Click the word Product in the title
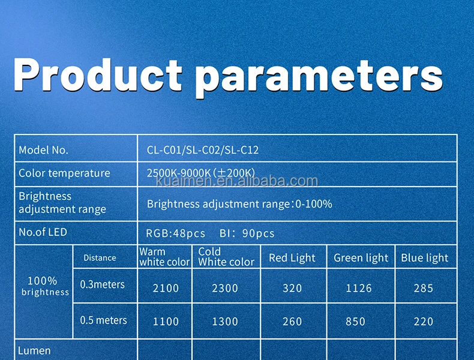pyautogui.click(x=98, y=74)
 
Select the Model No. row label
pyautogui.click(x=44, y=150)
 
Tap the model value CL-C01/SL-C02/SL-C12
pyautogui.click(x=203, y=150)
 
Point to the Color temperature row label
pyautogui.click(x=64, y=173)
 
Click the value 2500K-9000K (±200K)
pyautogui.click(x=201, y=173)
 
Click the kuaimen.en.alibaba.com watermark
pyautogui.click(x=237, y=181)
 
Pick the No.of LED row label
pyautogui.click(x=43, y=232)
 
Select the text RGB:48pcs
pyautogui.click(x=175, y=233)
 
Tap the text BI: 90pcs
pyautogui.click(x=247, y=233)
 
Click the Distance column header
pyautogui.click(x=100, y=258)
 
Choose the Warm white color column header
pyautogui.click(x=164, y=257)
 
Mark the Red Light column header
pyautogui.click(x=292, y=258)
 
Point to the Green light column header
pyautogui.click(x=361, y=258)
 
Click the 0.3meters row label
pyautogui.click(x=102, y=284)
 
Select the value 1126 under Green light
pyautogui.click(x=359, y=288)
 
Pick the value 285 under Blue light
pyautogui.click(x=424, y=288)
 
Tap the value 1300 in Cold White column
pyautogui.click(x=225, y=322)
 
